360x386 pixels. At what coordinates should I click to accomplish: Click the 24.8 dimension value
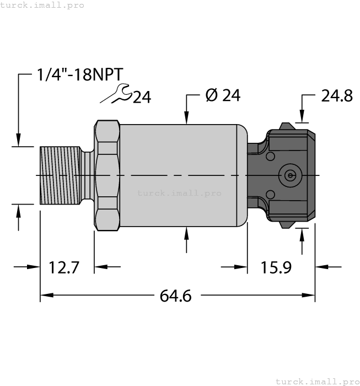point(336,96)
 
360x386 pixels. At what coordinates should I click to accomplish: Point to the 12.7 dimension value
point(64,268)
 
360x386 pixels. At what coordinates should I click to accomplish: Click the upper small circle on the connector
point(270,157)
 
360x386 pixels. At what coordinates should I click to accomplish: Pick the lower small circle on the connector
point(270,194)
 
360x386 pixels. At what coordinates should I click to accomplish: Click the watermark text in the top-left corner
point(42,5)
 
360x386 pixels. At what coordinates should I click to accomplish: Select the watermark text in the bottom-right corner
point(316,381)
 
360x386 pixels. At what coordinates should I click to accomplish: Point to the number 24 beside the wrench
point(142,98)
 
